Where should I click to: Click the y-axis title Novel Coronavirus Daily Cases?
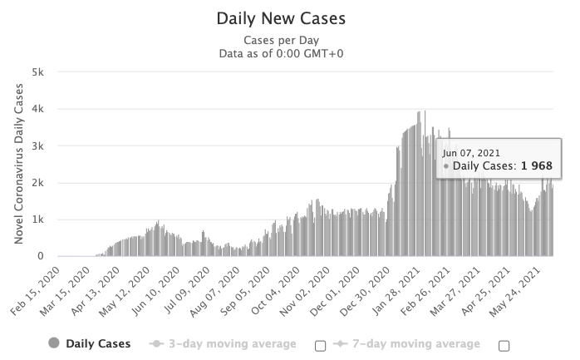tap(18, 164)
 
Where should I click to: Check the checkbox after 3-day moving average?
tap(321, 345)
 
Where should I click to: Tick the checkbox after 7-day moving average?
tap(504, 345)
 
